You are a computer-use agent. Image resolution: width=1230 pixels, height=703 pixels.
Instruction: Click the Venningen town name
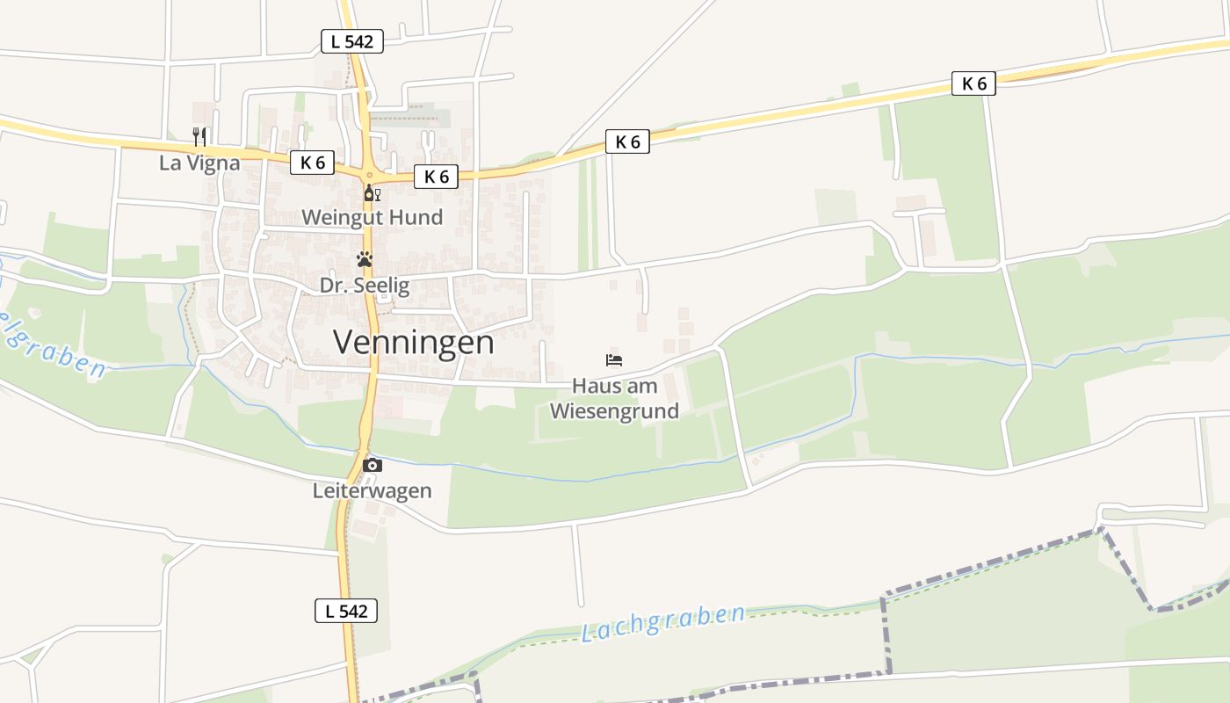(x=413, y=342)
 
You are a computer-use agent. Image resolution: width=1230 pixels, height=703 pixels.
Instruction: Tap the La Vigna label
(x=199, y=163)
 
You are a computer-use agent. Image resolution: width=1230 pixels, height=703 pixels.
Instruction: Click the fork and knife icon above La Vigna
(x=199, y=136)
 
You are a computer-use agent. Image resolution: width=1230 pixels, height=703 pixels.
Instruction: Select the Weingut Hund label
(x=372, y=217)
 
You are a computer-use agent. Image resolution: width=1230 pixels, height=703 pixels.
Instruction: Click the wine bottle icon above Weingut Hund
(x=372, y=193)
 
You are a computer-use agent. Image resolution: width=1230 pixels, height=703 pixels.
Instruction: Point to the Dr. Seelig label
(x=364, y=285)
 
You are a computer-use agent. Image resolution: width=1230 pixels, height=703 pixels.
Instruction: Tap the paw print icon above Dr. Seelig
(x=364, y=259)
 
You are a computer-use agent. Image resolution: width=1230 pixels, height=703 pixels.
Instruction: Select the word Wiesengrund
(x=614, y=411)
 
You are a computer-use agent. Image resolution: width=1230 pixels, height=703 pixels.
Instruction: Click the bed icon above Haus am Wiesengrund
(x=614, y=360)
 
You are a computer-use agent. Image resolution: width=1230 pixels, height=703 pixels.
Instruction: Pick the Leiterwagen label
(x=372, y=491)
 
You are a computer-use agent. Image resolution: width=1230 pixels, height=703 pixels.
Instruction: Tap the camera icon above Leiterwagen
(x=373, y=465)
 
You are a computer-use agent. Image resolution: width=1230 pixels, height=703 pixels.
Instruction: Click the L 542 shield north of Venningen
(x=351, y=41)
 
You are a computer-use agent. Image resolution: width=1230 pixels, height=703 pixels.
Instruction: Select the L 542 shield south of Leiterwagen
(x=346, y=611)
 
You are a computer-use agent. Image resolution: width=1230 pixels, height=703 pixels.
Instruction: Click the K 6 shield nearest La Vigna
(x=312, y=163)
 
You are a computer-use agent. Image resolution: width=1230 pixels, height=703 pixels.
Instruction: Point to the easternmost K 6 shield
(x=973, y=84)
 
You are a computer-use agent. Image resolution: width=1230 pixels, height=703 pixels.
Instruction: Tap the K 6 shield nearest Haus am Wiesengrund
(x=627, y=142)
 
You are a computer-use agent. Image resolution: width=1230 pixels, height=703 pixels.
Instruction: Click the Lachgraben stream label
(x=663, y=621)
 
